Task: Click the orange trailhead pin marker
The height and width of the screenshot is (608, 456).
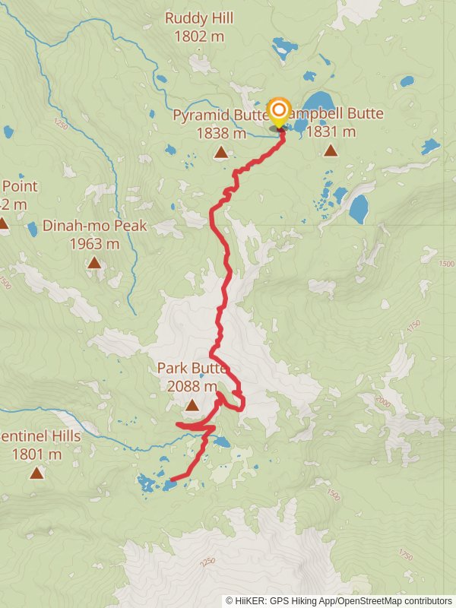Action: click(x=279, y=111)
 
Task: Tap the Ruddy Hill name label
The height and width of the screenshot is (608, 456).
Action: click(x=198, y=17)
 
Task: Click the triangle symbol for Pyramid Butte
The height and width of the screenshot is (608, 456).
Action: click(x=220, y=153)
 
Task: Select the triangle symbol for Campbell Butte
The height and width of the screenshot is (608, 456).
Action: click(x=331, y=150)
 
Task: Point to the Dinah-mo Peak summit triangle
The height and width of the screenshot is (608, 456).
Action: click(x=94, y=263)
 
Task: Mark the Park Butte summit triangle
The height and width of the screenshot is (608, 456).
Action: click(x=192, y=405)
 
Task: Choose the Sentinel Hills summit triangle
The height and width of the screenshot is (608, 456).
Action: click(x=36, y=473)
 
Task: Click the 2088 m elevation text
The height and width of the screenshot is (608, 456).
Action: click(x=192, y=386)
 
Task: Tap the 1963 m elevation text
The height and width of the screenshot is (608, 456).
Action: click(x=94, y=244)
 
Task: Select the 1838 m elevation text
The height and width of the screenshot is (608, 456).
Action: click(x=220, y=133)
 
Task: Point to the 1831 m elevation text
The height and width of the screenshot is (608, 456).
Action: click(x=331, y=131)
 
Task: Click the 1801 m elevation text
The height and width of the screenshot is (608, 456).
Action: click(x=36, y=454)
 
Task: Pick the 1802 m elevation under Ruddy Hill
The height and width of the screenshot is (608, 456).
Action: click(x=198, y=36)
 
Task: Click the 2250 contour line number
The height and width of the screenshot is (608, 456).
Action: click(x=207, y=562)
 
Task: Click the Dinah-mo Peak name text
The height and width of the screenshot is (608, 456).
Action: click(x=94, y=226)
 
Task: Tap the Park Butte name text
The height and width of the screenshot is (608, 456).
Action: click(x=192, y=368)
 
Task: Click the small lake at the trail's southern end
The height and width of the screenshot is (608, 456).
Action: click(x=169, y=485)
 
